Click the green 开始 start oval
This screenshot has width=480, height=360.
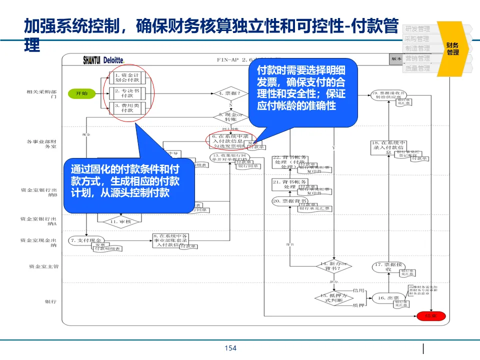point(81,93)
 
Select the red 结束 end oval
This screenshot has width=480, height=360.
point(430,316)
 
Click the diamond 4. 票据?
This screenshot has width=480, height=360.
point(230,93)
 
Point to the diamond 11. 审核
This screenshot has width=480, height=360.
point(113,221)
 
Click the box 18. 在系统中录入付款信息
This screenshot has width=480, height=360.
point(387,145)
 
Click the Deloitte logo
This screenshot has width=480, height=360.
point(114,60)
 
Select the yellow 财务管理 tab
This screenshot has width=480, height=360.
point(453,48)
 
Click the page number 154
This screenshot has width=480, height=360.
point(230,348)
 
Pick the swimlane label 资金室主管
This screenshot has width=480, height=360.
point(43,266)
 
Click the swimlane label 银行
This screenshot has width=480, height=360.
point(50,301)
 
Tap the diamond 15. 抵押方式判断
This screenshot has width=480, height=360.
point(333,297)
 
